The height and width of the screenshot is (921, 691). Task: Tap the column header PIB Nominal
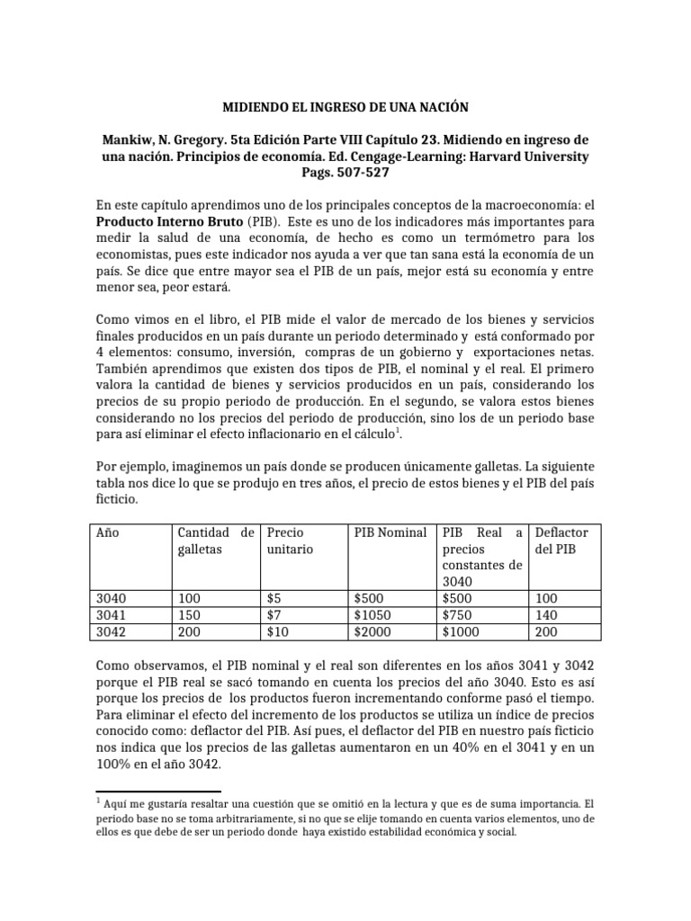point(390,532)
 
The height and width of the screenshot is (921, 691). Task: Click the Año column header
point(107,532)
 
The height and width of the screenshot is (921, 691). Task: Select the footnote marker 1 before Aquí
point(97,800)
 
